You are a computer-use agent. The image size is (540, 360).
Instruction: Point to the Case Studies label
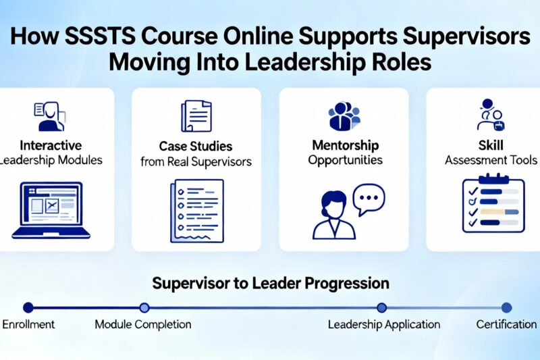click(x=196, y=146)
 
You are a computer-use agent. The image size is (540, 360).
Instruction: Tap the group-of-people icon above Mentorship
click(x=344, y=115)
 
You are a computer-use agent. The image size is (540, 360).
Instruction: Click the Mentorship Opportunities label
click(x=344, y=153)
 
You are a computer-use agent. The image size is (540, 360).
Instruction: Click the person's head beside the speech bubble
click(x=335, y=205)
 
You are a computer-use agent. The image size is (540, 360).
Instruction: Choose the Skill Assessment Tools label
click(x=491, y=153)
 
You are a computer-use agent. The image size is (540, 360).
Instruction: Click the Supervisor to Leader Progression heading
click(x=271, y=282)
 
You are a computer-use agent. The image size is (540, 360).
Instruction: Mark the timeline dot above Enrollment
click(x=28, y=307)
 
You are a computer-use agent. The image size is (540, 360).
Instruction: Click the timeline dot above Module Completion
click(x=144, y=307)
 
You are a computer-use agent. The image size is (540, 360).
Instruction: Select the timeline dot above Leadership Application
click(x=382, y=307)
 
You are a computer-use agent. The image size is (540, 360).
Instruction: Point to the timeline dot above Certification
click(x=507, y=307)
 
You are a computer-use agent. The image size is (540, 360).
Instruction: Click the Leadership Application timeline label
click(x=383, y=325)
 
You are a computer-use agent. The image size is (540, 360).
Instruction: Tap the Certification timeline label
click(x=506, y=325)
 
